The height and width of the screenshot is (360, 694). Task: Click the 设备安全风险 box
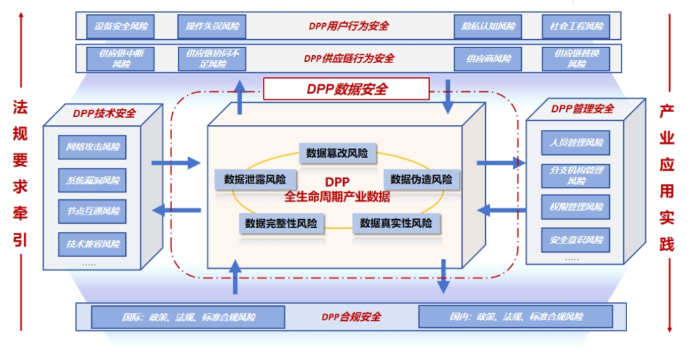pos(121,26)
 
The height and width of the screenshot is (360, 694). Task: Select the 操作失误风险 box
pos(212,26)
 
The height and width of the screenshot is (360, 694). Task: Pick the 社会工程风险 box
pos(576,26)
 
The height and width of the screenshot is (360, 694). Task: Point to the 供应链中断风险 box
pos(121,59)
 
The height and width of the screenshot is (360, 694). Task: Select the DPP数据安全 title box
pos(346,89)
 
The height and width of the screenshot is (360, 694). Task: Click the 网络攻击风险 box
pos(93,147)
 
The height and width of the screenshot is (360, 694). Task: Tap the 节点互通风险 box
pos(93,212)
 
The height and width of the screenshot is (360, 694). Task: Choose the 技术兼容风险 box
pos(93,244)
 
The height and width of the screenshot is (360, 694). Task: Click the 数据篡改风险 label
pos(337,153)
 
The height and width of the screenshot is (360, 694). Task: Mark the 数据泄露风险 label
pos(255,179)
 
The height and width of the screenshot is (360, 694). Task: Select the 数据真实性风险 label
pos(396,223)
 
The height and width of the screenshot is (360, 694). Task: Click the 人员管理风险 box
pos(576,142)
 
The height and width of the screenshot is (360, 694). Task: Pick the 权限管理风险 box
pos(576,207)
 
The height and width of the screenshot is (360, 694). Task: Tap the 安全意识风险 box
pos(576,240)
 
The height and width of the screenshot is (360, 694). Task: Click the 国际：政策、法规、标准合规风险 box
pos(188,317)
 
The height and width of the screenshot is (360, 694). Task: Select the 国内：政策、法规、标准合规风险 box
pos(516,317)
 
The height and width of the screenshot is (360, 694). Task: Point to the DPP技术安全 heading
pos(104,113)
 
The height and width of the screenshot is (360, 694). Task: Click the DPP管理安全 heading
pos(582,109)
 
